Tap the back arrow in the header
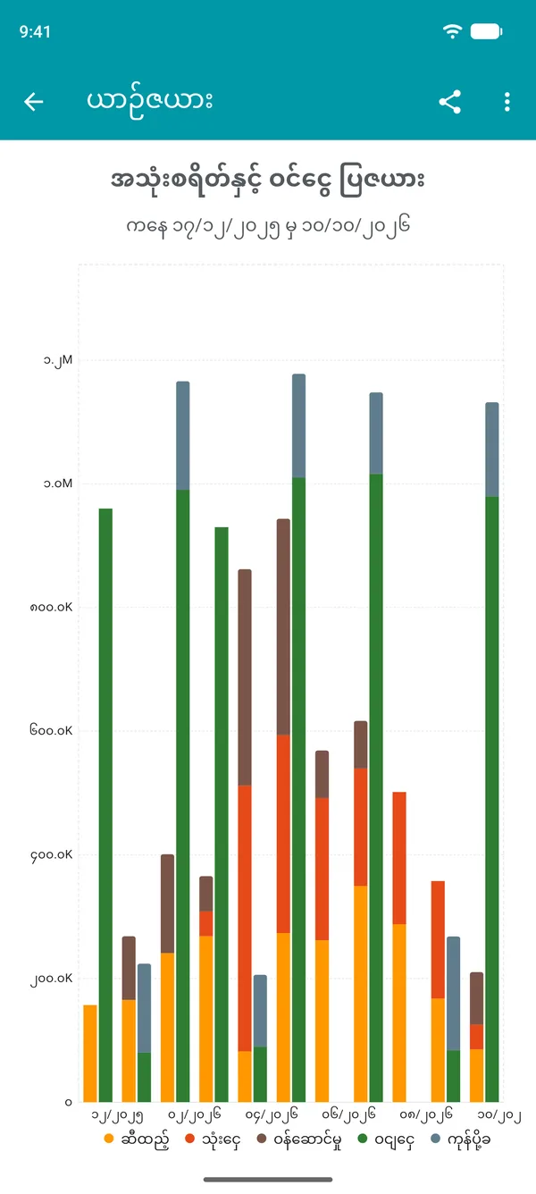coord(34,101)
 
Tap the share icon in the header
coord(449,101)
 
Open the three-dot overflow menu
coord(507,101)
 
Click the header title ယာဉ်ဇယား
coord(150,100)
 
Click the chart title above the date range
coord(267,181)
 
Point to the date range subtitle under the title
coord(268,226)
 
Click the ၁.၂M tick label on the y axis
coord(58,361)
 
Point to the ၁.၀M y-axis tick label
coord(58,483)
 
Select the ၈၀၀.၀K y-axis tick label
coord(51,607)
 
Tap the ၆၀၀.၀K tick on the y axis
coord(51,730)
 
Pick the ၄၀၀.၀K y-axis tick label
coord(51,855)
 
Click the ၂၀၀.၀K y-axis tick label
coord(51,979)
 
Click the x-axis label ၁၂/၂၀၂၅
coord(117,1115)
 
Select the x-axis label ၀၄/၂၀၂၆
coord(272,1115)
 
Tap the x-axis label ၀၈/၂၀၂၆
coord(426,1114)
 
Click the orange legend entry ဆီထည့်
coord(137,1140)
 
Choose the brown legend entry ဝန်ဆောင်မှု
coord(300,1140)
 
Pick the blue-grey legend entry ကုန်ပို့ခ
coord(460,1140)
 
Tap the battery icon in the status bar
coord(486,31)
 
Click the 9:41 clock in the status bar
coord(35,32)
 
